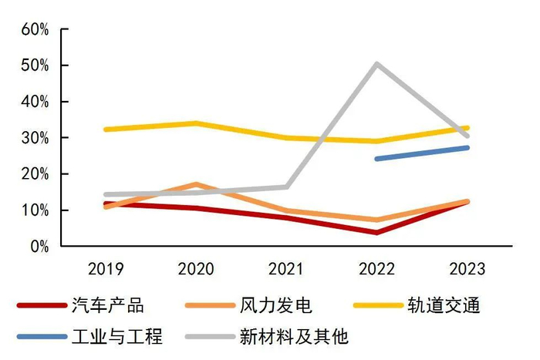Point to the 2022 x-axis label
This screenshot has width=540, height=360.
pyautogui.click(x=376, y=269)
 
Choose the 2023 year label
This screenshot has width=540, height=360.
pyautogui.click(x=466, y=269)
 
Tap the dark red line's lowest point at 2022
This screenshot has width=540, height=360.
pyautogui.click(x=376, y=232)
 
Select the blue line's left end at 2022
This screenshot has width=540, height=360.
pyautogui.click(x=376, y=159)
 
